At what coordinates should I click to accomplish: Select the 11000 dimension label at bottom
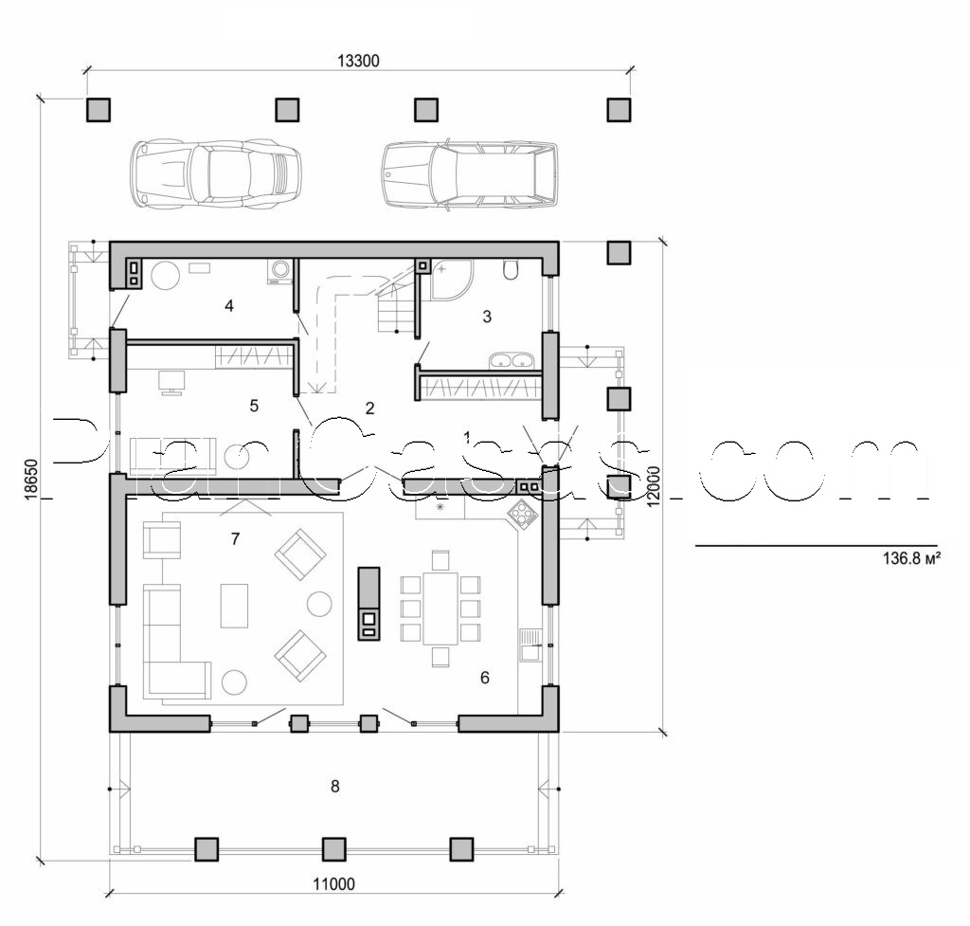click(332, 884)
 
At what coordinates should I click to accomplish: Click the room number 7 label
click(235, 539)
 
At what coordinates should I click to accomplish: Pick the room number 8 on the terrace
click(334, 786)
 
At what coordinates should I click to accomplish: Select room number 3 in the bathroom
click(487, 317)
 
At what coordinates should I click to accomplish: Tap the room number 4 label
click(227, 305)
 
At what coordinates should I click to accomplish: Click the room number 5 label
click(253, 406)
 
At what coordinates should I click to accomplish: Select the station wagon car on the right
click(469, 174)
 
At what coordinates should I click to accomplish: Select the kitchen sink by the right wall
click(530, 645)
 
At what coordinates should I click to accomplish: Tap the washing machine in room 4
click(281, 271)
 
